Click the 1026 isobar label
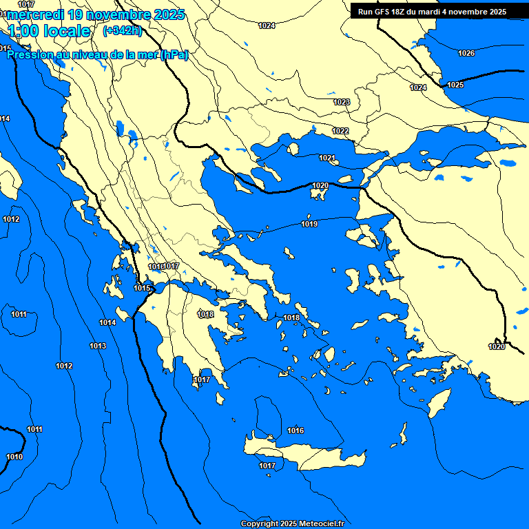pyautogui.click(x=466, y=53)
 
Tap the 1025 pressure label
pyautogui.click(x=455, y=85)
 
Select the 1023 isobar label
pyautogui.click(x=342, y=102)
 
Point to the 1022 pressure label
pyautogui.click(x=340, y=131)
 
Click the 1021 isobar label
pyautogui.click(x=327, y=158)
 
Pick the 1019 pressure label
pyautogui.click(x=309, y=224)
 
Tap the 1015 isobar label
pyautogui.click(x=143, y=288)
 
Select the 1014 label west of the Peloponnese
pyautogui.click(x=107, y=322)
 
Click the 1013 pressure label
pyautogui.click(x=98, y=346)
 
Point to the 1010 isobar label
pyautogui.click(x=14, y=457)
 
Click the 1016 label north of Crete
pyautogui.click(x=295, y=431)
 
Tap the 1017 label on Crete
pyautogui.click(x=267, y=466)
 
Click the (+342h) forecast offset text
pyautogui.click(x=122, y=30)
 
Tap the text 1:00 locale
pyautogui.click(x=50, y=31)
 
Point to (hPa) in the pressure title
pyautogui.click(x=174, y=54)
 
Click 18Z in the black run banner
pyautogui.click(x=404, y=12)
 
